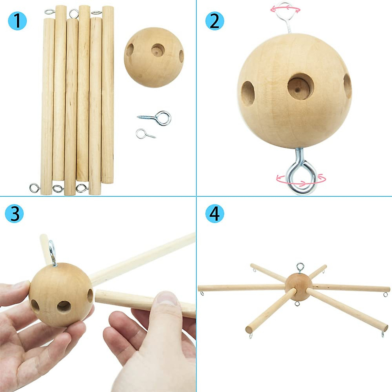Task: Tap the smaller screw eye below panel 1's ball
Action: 145,134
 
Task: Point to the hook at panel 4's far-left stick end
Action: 203,293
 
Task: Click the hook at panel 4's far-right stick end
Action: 386,295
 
